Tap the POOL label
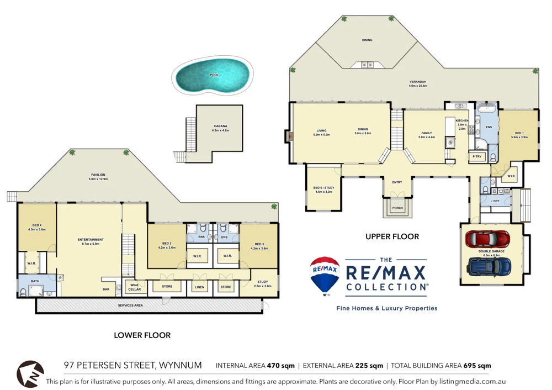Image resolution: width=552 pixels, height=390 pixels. click(214, 75)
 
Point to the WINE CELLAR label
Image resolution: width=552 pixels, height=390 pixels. click(134, 287)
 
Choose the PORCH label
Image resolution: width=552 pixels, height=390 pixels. click(397, 208)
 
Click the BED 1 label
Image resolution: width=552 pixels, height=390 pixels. click(519, 133)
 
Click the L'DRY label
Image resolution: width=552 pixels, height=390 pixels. click(495, 201)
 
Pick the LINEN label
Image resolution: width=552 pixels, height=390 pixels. click(199, 287)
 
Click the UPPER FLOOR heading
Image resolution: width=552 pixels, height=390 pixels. click(392, 236)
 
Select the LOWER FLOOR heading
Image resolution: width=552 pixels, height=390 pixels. click(142, 335)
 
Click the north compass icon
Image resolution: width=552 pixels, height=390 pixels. click(30, 373)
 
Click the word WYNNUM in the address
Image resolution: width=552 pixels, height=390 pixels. click(180, 365)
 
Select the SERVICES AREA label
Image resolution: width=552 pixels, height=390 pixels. click(130, 305)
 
